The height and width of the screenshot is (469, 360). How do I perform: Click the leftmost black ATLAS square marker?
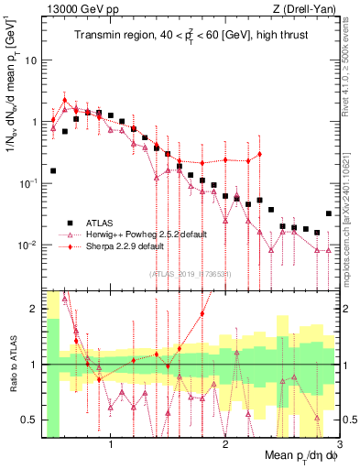coord(53,170)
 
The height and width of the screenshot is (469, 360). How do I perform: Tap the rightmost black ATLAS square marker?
coord(328,213)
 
